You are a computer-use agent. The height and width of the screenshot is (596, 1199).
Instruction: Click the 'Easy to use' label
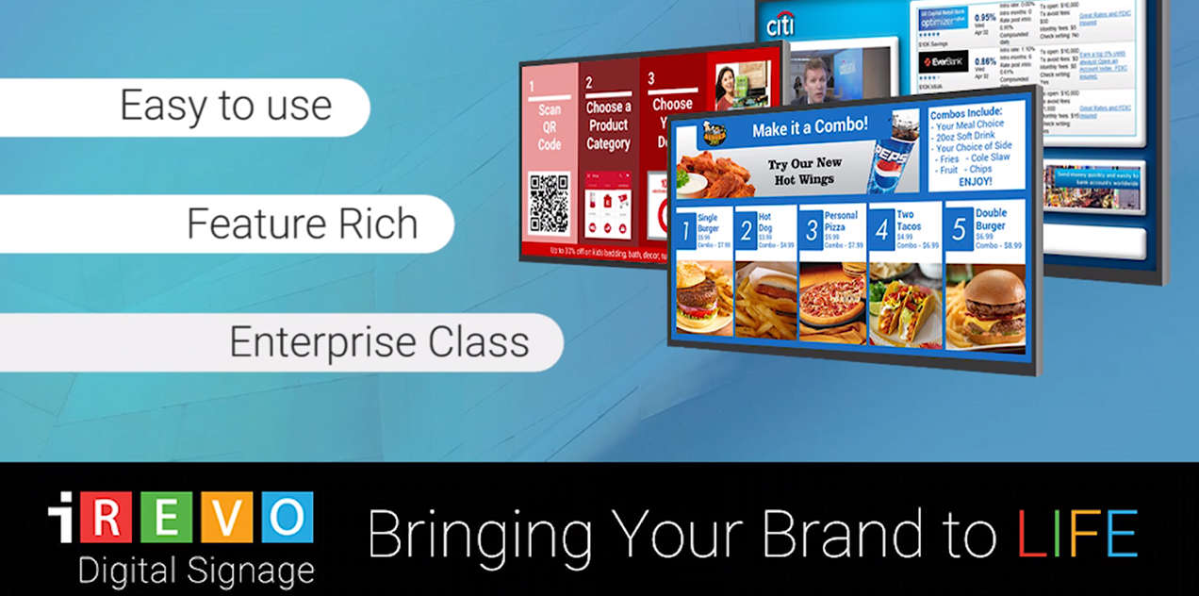225,106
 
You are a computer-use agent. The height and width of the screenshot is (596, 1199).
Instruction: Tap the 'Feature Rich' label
302,223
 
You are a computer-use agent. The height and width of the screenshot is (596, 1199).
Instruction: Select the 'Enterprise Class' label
379,341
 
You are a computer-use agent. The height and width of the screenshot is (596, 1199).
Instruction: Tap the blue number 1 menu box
684,231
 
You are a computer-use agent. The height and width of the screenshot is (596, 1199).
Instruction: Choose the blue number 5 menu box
958,229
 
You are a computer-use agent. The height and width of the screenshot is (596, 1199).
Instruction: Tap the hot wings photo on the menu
714,173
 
